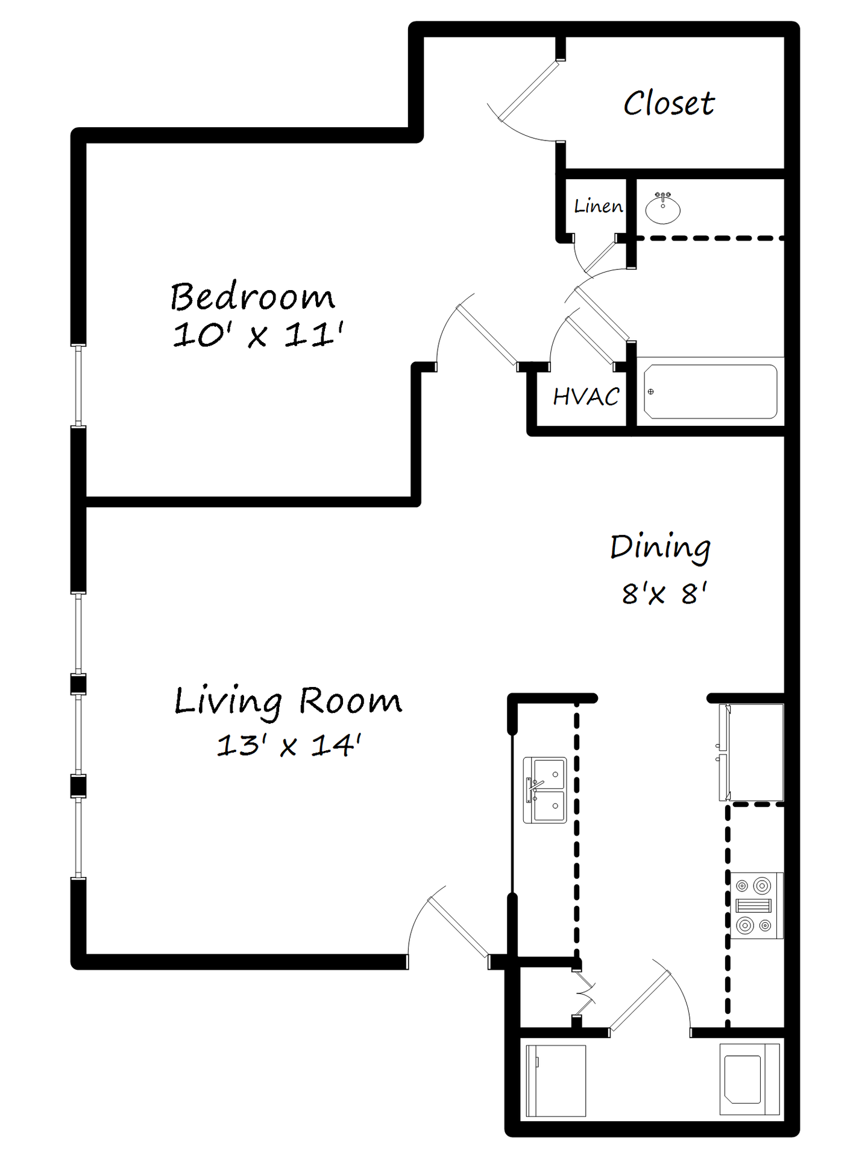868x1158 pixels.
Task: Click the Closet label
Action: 668,103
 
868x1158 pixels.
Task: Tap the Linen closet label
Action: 598,206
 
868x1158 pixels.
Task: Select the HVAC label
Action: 586,397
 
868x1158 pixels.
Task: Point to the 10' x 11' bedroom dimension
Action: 258,334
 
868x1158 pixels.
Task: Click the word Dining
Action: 660,548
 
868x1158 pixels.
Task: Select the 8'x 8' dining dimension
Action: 664,593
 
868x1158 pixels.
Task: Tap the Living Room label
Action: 288,701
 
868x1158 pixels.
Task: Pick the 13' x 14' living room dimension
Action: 288,745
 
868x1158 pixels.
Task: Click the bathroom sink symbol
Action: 662,208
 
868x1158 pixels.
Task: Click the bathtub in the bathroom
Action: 710,391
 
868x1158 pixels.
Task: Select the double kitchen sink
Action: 545,790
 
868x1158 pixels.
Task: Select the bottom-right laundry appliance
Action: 749,1079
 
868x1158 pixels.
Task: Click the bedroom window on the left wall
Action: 78,386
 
